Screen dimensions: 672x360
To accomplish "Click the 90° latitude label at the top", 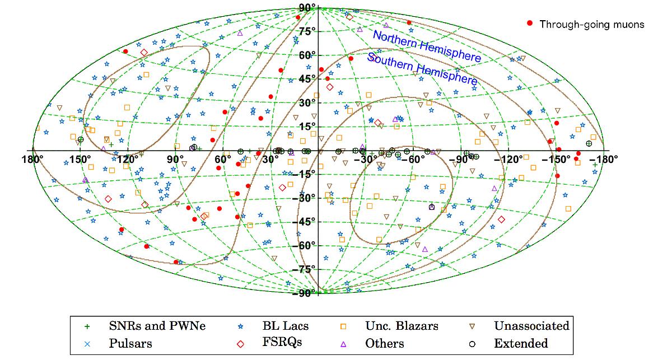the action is click(x=307, y=8).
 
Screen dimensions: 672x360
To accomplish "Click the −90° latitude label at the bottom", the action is click(x=304, y=293).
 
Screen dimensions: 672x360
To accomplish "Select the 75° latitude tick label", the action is click(x=307, y=31).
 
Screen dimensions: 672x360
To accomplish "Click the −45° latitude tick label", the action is click(x=304, y=222).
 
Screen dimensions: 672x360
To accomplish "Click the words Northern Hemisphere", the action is click(x=427, y=46).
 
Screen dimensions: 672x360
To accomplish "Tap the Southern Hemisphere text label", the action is click(x=422, y=69).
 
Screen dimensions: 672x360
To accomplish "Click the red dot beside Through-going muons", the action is click(x=530, y=23).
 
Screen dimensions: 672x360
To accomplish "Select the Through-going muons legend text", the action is click(x=592, y=24).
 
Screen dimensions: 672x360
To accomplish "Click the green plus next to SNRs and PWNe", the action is click(x=87, y=326).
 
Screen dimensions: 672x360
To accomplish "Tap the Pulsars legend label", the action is click(x=130, y=344).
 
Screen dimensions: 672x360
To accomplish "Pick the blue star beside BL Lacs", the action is click(x=240, y=326).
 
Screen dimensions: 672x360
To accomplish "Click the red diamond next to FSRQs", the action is click(x=240, y=344).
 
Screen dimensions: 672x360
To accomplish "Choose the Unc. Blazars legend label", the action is click(x=402, y=326).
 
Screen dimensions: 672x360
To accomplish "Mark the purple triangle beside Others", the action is click(x=343, y=344).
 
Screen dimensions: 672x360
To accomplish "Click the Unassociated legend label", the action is click(x=531, y=326).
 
